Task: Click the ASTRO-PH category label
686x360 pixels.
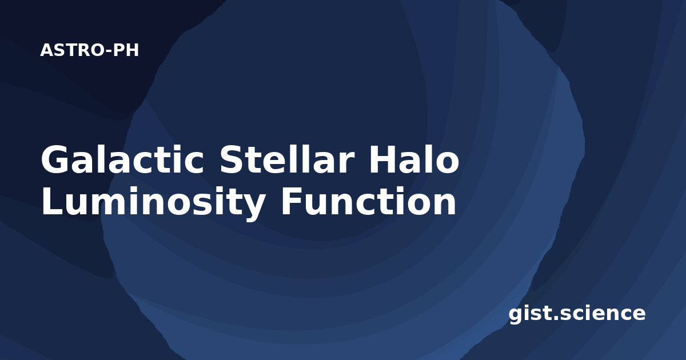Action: point(89,50)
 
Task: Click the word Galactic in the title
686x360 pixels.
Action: point(122,159)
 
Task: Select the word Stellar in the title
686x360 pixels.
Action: point(287,159)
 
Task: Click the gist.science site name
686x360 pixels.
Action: point(577,314)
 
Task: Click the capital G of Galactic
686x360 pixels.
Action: point(54,159)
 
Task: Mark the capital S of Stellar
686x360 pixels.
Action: point(232,159)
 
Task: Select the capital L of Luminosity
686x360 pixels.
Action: point(53,201)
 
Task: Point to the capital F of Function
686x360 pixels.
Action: point(291,201)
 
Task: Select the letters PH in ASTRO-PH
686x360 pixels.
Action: point(126,50)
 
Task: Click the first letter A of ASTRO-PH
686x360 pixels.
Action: point(46,50)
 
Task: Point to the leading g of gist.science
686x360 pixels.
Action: point(516,315)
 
